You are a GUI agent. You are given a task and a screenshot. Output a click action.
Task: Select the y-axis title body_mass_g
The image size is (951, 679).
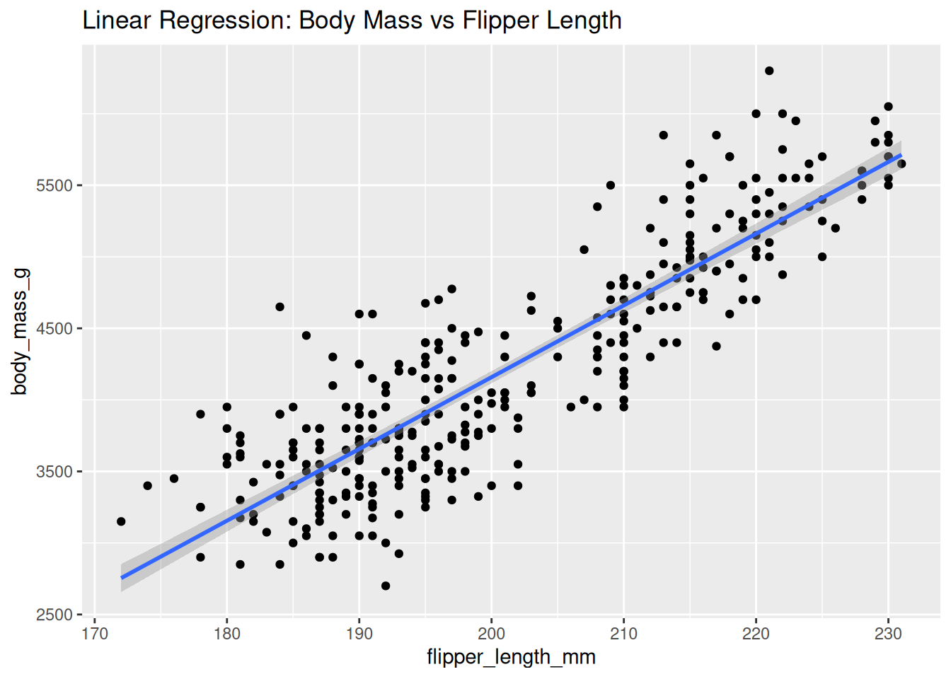click(20, 331)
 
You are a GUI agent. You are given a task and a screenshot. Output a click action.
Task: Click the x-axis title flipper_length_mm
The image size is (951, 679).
click(511, 657)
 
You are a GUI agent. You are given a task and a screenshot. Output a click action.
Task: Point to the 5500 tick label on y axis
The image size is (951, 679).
click(54, 185)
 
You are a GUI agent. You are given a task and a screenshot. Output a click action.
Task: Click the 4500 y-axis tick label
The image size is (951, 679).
click(54, 329)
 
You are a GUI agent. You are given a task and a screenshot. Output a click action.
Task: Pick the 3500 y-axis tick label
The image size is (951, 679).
click(54, 472)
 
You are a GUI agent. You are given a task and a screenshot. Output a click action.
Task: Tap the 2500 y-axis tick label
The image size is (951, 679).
click(54, 615)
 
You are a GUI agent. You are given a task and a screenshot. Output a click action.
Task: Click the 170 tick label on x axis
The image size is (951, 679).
click(95, 634)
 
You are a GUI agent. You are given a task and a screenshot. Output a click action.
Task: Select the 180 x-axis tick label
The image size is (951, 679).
click(227, 634)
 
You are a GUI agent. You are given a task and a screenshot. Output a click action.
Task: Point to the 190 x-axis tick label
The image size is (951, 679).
click(359, 634)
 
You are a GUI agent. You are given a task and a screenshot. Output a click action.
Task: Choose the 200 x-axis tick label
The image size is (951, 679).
click(491, 634)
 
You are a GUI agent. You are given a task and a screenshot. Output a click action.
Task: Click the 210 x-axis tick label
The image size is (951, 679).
click(623, 634)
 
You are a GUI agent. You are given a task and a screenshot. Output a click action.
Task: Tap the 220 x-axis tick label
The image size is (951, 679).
click(756, 634)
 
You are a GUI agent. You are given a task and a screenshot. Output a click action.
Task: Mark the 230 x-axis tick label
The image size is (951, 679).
click(888, 634)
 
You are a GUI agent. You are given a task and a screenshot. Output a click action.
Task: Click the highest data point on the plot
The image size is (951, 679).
click(769, 71)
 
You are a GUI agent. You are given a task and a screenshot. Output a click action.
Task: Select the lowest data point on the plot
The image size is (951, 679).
click(386, 586)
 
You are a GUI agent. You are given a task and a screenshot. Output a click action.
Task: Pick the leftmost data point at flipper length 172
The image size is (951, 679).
click(121, 521)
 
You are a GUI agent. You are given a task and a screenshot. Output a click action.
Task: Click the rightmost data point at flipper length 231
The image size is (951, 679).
click(901, 164)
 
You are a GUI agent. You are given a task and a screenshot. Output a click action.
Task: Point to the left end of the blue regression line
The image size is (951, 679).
click(122, 578)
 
